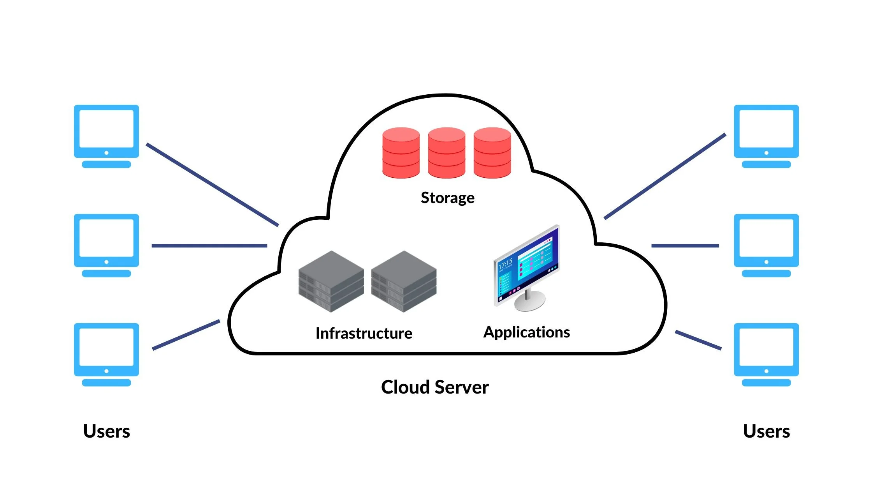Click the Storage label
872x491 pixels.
coord(448,198)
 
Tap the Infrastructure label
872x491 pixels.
coord(364,334)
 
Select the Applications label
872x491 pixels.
coord(526,332)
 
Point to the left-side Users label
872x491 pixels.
coord(106,431)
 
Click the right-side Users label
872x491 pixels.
coord(766,431)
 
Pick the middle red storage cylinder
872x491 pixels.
coord(447,153)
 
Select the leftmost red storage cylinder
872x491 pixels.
coord(401,153)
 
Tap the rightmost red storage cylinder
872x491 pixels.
coord(492,153)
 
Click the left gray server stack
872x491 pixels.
coord(331,281)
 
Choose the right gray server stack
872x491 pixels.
coord(404,281)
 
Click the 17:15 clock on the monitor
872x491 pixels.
coord(505,265)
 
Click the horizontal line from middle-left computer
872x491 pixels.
coord(209,246)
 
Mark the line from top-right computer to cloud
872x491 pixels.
coord(665,177)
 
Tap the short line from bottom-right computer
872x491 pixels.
coord(698,340)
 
